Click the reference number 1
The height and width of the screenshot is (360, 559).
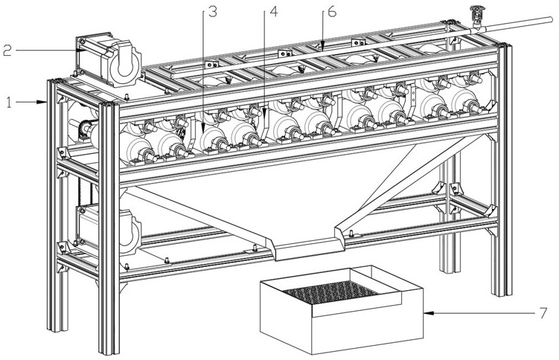coord(8,102)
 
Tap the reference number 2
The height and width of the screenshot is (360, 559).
coord(7,51)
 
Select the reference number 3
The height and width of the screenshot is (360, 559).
coord(213,13)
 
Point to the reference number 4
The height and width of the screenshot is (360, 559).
coord(273,13)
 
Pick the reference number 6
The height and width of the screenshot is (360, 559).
coord(332,13)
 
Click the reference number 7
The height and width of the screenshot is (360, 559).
coord(543,313)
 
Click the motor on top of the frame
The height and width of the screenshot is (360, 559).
coord(109,60)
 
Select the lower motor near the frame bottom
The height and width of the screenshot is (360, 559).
coord(107,228)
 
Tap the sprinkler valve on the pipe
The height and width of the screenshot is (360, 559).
coord(475,17)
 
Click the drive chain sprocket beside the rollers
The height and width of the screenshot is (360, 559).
coord(85,128)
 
